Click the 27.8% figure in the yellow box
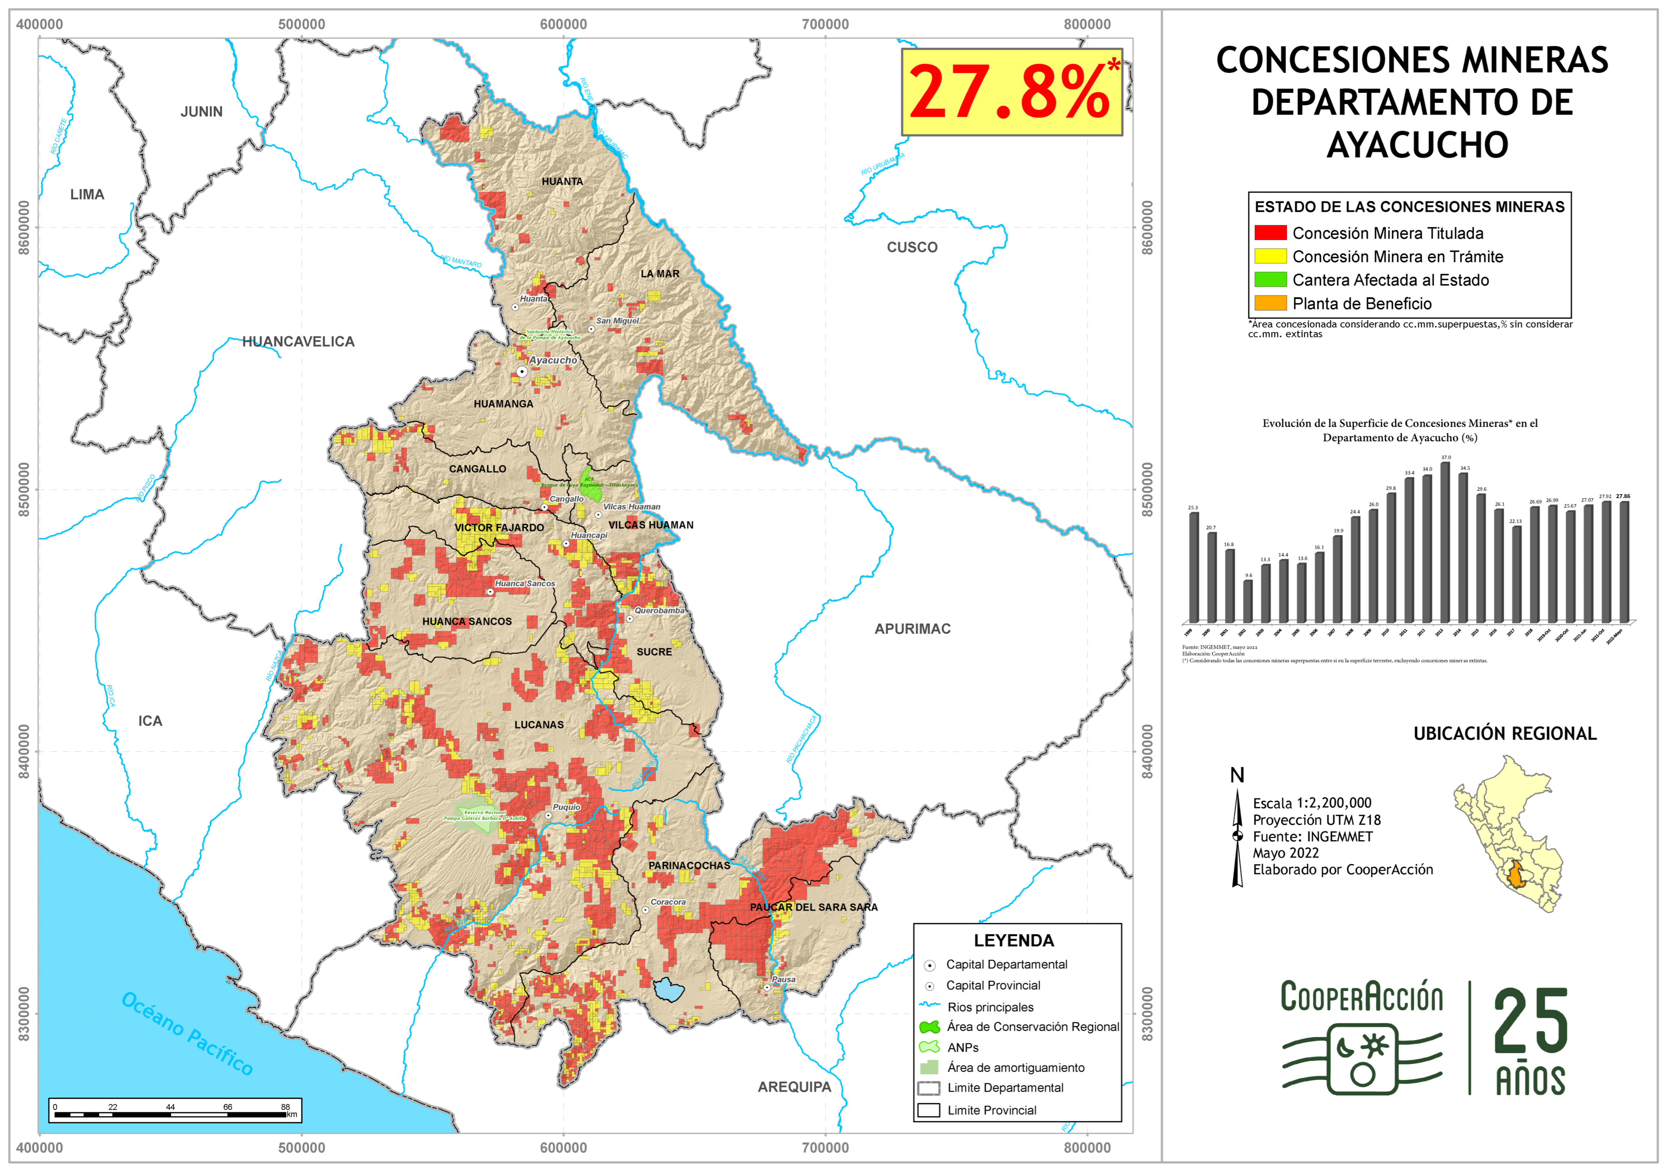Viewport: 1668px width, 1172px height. pyautogui.click(x=1010, y=92)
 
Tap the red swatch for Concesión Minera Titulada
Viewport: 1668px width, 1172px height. pyautogui.click(x=1270, y=233)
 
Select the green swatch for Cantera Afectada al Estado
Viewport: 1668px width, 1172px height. pyautogui.click(x=1270, y=280)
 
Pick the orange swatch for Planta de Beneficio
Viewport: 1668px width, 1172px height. pyautogui.click(x=1270, y=303)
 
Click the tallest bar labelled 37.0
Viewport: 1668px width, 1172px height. pyautogui.click(x=1445, y=541)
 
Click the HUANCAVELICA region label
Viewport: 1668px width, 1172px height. pyautogui.click(x=298, y=341)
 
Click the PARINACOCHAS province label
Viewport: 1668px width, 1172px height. pyautogui.click(x=689, y=866)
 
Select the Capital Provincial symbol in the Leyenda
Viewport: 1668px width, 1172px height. pyautogui.click(x=929, y=986)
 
